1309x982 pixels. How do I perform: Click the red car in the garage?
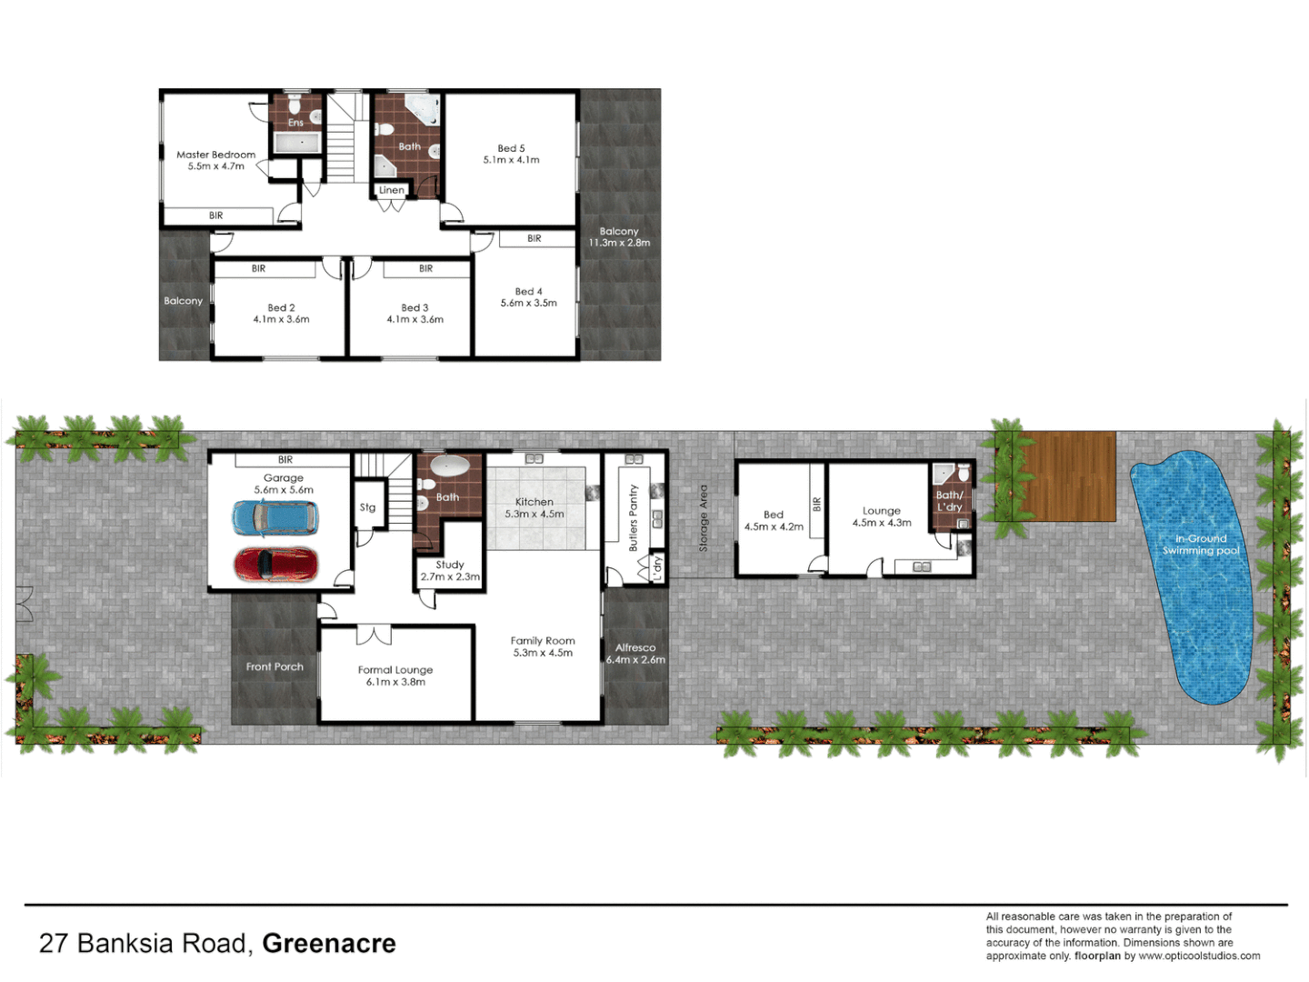(x=276, y=565)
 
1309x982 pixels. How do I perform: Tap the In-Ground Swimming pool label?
(x=1200, y=545)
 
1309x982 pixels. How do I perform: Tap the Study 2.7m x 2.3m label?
(x=450, y=570)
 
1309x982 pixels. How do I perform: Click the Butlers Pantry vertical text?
(x=634, y=517)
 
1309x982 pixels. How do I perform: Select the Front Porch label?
(x=275, y=666)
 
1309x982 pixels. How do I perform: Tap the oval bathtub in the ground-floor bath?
(x=449, y=467)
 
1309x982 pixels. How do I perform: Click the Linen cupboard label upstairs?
(x=392, y=190)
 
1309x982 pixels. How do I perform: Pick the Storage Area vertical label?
(x=703, y=518)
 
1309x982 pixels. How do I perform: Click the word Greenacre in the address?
(x=329, y=944)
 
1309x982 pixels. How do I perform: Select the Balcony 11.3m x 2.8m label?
(x=619, y=237)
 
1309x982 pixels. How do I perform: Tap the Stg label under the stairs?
(x=367, y=507)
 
